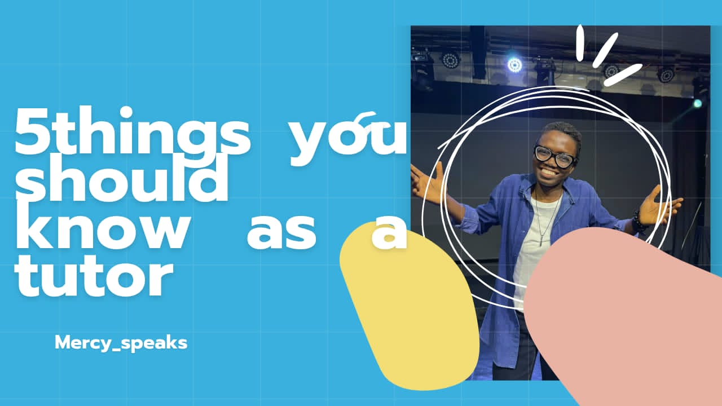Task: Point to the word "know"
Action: [102, 226]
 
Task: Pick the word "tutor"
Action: [94, 274]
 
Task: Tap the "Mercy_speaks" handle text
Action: [121, 343]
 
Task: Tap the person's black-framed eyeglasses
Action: [555, 157]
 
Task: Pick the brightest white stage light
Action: [514, 65]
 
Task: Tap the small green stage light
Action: [698, 103]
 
